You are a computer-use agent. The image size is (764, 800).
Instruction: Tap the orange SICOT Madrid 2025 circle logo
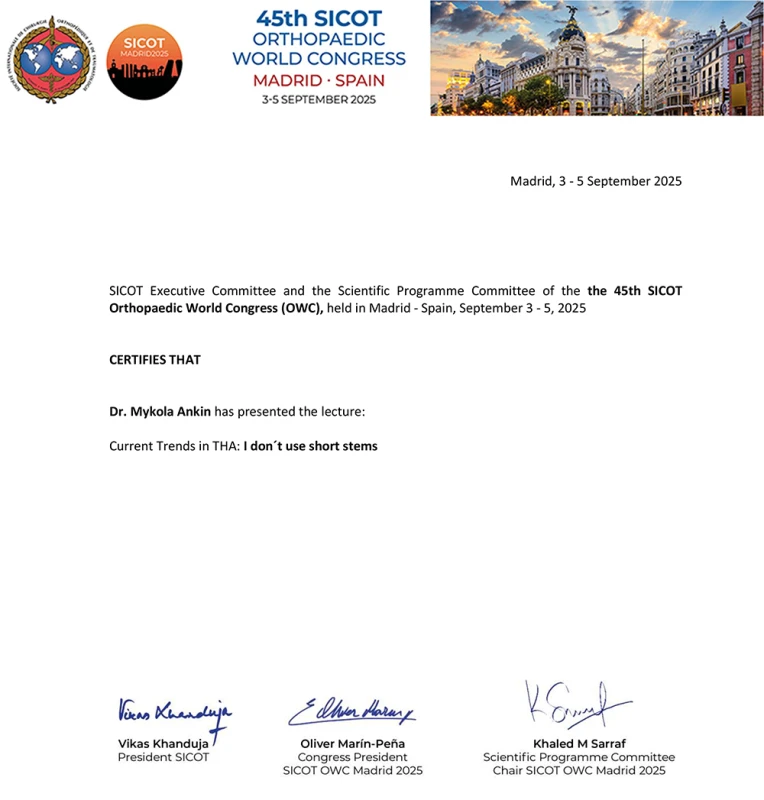[x=143, y=61]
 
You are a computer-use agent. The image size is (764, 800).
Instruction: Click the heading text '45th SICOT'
[x=318, y=18]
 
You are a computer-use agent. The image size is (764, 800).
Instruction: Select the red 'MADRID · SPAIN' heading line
[x=318, y=80]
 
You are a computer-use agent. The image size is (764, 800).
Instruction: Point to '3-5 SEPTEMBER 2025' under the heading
[x=318, y=100]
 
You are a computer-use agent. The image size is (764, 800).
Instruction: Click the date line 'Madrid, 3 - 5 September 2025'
[x=596, y=181]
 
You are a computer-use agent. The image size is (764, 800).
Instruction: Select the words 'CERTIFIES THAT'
[x=155, y=359]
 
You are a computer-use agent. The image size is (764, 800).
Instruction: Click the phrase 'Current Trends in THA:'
[x=174, y=446]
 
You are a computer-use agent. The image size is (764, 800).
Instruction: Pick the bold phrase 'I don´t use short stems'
[x=310, y=446]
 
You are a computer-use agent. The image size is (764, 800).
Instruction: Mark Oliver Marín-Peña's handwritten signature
[x=352, y=711]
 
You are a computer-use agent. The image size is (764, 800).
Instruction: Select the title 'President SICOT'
[x=164, y=757]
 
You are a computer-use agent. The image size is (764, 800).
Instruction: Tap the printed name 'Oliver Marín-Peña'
[x=352, y=744]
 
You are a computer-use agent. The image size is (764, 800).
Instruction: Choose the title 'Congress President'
[x=352, y=757]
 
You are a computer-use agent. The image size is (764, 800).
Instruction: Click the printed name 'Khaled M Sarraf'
[x=578, y=744]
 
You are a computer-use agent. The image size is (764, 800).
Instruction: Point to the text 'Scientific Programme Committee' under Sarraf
[x=578, y=757]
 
